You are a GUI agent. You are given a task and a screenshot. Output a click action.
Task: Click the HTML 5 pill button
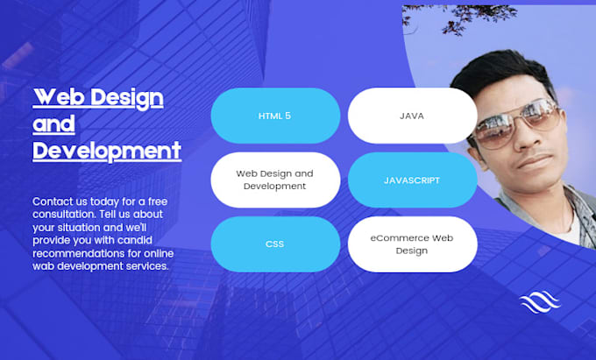(275, 116)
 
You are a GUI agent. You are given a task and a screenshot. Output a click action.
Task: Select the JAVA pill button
(412, 116)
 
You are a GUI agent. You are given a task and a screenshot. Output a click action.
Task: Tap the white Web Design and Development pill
(275, 180)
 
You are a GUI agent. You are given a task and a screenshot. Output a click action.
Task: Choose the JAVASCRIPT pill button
(412, 180)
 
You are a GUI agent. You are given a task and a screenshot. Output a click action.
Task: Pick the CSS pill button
(275, 244)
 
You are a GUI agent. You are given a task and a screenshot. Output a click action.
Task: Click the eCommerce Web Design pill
(412, 244)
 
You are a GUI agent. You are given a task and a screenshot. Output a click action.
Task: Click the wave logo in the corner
(539, 302)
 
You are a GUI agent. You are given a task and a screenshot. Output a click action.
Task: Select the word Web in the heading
(58, 96)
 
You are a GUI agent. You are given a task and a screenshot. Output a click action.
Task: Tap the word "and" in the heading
(53, 124)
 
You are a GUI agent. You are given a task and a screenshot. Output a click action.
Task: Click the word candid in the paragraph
(156, 239)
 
